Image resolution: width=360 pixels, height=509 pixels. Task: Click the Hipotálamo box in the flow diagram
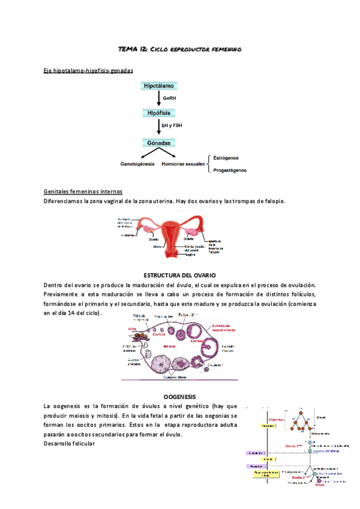(159, 86)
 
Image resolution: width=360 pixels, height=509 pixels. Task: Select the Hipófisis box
(159, 113)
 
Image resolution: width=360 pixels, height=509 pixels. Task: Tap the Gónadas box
(159, 143)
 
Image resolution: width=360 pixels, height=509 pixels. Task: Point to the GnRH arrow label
(170, 98)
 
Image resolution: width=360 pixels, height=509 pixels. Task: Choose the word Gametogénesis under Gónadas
(137, 164)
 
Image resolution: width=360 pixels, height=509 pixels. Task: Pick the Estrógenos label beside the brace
(226, 158)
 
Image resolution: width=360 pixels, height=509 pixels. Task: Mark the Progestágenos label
(230, 170)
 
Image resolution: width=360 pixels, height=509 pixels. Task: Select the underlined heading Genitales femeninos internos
(82, 191)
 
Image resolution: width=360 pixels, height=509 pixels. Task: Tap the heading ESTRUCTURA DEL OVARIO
(179, 274)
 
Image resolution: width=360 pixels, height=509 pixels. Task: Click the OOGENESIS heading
(179, 397)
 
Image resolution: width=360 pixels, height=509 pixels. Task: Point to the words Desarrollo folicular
(70, 444)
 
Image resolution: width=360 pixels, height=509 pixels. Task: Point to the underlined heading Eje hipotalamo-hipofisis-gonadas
(88, 71)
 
